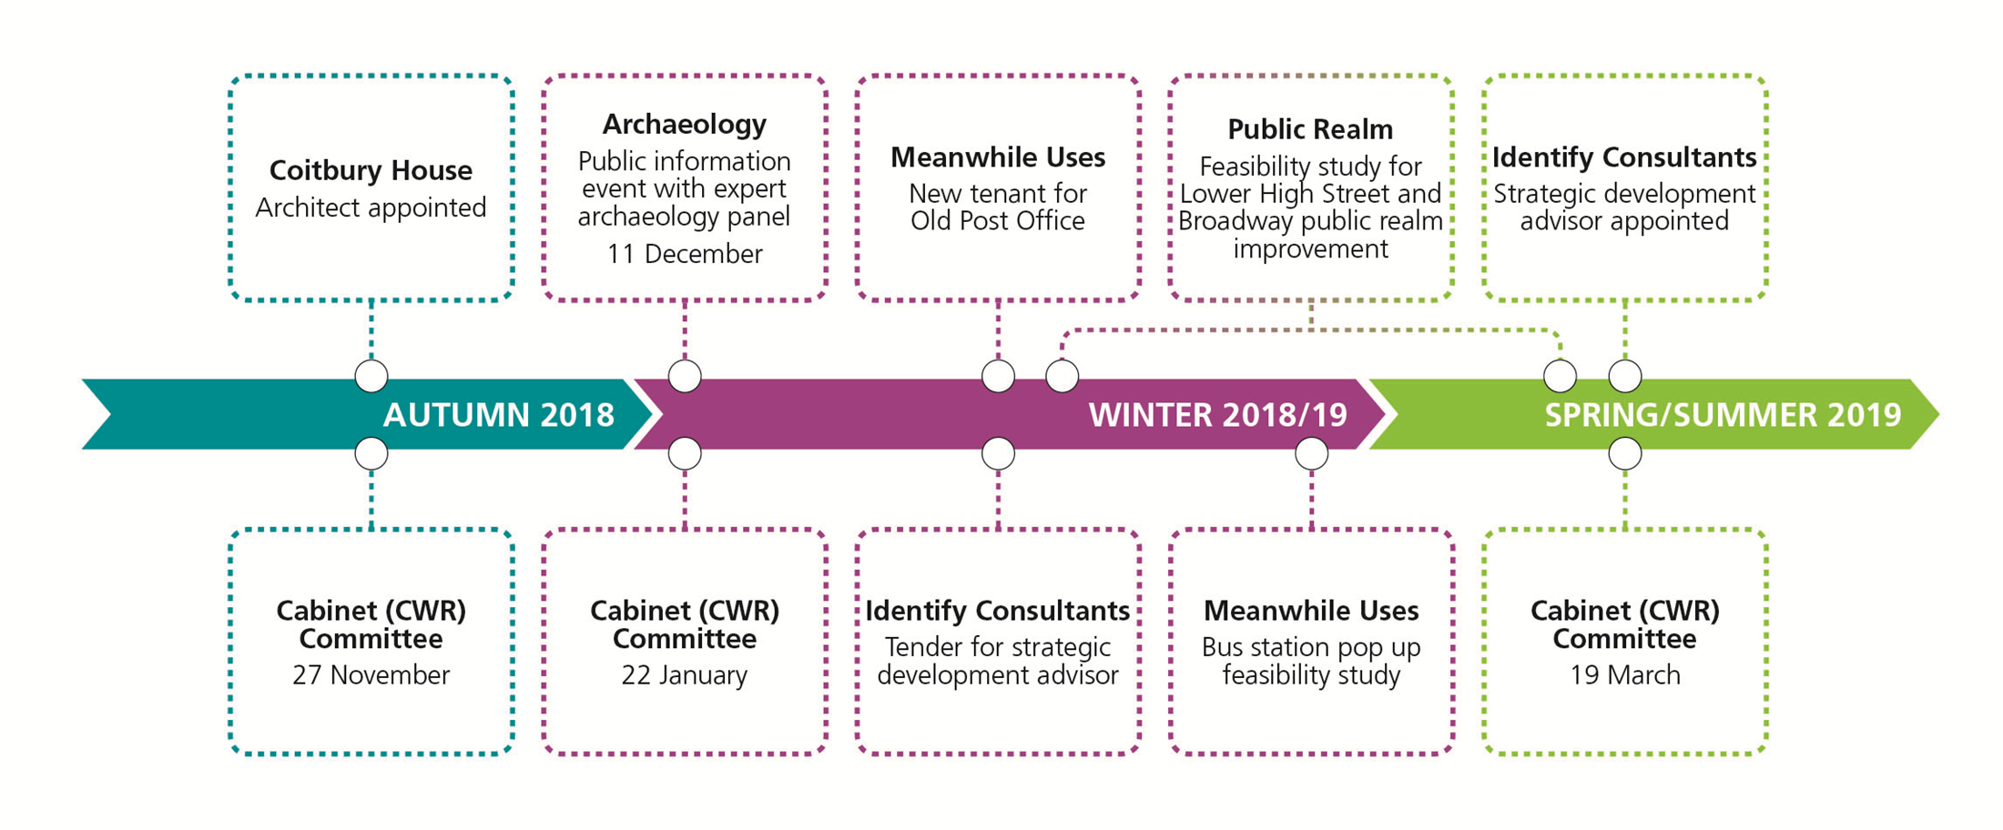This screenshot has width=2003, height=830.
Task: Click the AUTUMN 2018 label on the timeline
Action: pos(499,415)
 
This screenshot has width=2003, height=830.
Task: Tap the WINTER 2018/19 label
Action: pos(1218,415)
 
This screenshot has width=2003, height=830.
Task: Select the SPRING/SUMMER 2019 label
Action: pos(1723,415)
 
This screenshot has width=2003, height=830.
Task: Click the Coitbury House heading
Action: pos(371,170)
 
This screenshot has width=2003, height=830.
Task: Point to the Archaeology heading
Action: pos(685,124)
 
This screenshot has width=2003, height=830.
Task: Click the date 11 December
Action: pos(685,254)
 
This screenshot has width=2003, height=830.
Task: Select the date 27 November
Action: pos(371,675)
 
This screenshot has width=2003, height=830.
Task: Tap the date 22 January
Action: pos(685,675)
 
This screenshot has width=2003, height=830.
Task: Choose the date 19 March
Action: pos(1625,675)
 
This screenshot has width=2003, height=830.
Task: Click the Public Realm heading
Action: pos(1310,129)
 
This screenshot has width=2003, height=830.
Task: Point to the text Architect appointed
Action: pos(371,207)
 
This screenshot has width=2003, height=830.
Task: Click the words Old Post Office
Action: pos(998,221)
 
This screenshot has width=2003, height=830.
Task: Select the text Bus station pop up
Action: pos(1311,647)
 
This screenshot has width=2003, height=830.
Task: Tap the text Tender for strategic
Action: pos(998,647)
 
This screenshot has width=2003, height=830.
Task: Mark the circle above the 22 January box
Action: pos(685,453)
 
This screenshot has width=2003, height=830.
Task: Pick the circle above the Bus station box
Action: pos(1311,453)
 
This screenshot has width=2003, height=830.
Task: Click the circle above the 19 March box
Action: pos(1625,453)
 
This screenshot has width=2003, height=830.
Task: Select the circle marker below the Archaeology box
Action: pos(685,376)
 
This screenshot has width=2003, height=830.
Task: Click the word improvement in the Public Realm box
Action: pos(1311,249)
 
